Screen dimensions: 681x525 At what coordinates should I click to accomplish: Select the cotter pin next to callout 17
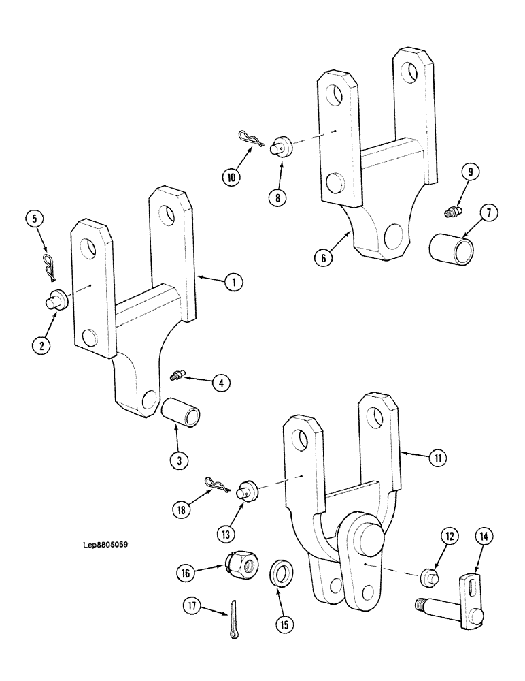pyautogui.click(x=234, y=619)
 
